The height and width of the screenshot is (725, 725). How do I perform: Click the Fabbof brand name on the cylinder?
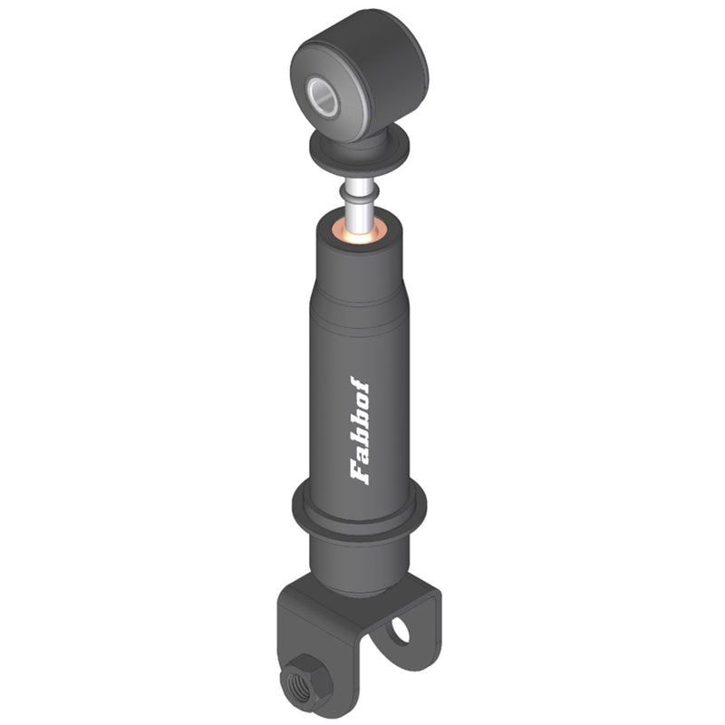(360, 430)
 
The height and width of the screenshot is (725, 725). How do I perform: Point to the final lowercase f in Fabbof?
(359, 383)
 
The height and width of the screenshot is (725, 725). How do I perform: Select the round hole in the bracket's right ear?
(400, 630)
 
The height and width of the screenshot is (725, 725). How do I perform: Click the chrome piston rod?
(359, 207)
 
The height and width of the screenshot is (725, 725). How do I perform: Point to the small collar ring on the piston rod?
(359, 191)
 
